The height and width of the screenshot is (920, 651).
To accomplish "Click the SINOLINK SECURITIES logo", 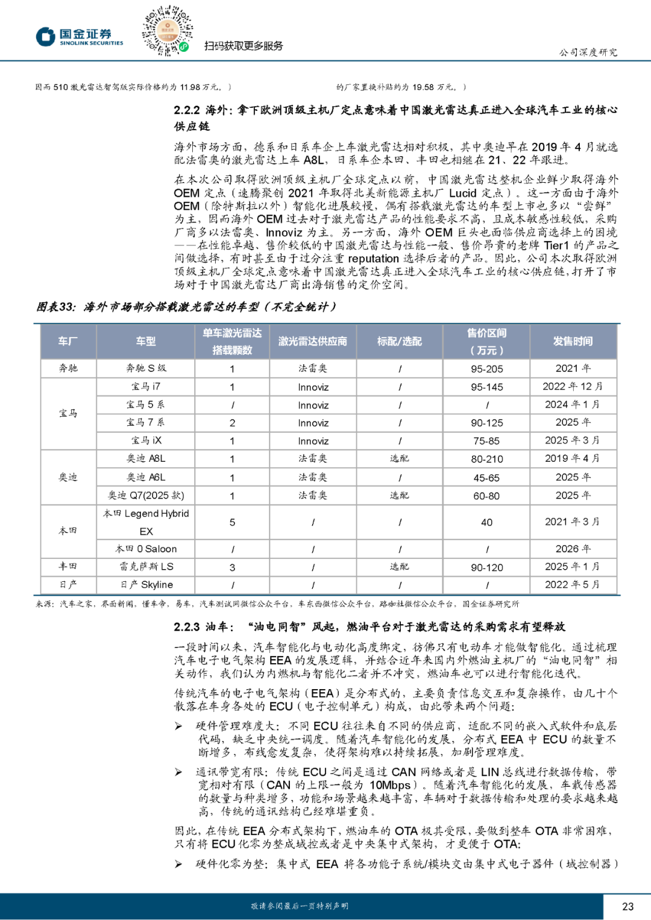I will [80, 37].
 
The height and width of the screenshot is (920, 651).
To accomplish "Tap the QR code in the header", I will [167, 31].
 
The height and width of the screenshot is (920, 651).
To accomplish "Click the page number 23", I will [627, 906].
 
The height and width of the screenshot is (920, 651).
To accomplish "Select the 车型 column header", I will [145, 342].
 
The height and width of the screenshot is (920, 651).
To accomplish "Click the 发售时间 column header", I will [573, 342].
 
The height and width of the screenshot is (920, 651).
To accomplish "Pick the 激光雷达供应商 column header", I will [312, 342].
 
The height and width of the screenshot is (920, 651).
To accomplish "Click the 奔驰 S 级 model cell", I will [146, 368].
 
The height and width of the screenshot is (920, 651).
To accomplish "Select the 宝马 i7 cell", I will [146, 386].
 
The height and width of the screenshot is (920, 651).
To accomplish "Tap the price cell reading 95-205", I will [486, 369].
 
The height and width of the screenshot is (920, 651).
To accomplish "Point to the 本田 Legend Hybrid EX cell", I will [146, 522].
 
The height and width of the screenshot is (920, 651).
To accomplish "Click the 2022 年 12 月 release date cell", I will [573, 386].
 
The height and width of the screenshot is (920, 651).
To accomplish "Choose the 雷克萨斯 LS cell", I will [146, 567].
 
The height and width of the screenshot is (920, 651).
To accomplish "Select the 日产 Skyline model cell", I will [146, 585].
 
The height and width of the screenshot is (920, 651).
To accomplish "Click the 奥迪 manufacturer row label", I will [68, 477].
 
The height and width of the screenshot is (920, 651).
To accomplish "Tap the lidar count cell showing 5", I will [232, 523].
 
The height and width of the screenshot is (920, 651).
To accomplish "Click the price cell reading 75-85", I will [486, 441].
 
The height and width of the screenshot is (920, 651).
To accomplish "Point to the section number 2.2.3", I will [186, 627].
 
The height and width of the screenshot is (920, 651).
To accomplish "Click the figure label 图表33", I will [55, 307].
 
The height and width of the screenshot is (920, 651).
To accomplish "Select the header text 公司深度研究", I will [588, 52].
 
